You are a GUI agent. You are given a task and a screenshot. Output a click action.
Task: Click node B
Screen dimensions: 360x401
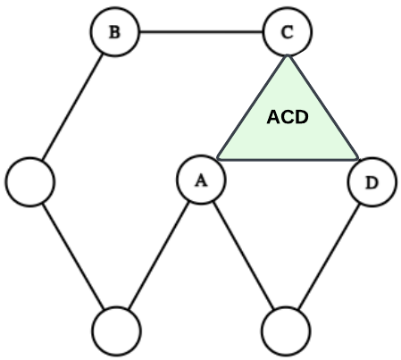(114, 33)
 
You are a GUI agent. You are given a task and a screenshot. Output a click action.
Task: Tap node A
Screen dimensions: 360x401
(200, 180)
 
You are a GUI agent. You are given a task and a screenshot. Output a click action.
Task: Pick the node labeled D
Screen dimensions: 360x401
(371, 184)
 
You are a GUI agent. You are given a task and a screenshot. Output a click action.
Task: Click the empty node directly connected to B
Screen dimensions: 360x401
(30, 181)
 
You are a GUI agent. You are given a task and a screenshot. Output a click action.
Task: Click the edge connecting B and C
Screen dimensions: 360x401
(201, 33)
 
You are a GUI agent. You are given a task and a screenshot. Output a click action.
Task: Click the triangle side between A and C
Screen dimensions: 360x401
(253, 107)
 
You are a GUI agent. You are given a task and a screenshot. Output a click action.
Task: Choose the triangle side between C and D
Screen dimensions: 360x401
(323, 107)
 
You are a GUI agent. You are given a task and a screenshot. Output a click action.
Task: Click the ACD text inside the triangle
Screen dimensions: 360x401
(288, 117)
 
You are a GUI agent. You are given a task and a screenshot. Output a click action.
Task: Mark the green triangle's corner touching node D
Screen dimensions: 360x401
(356, 160)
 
